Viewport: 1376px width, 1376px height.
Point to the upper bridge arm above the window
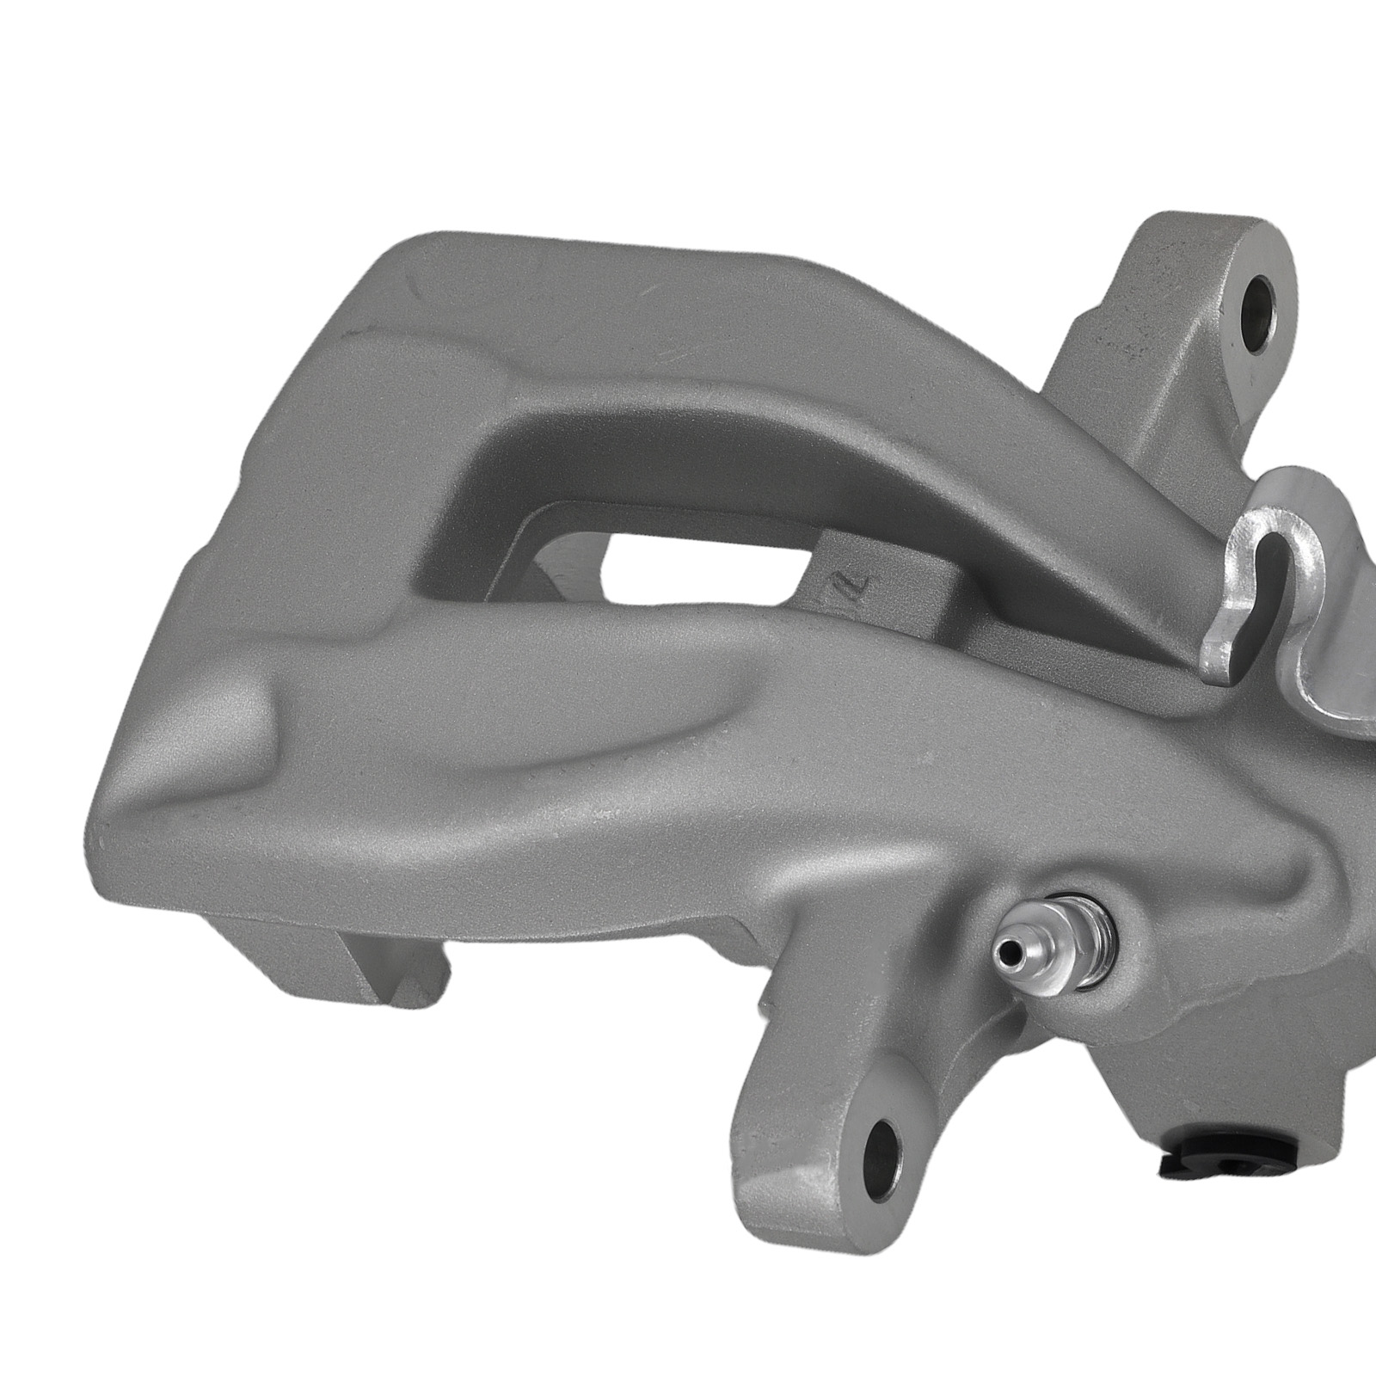[774, 430]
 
